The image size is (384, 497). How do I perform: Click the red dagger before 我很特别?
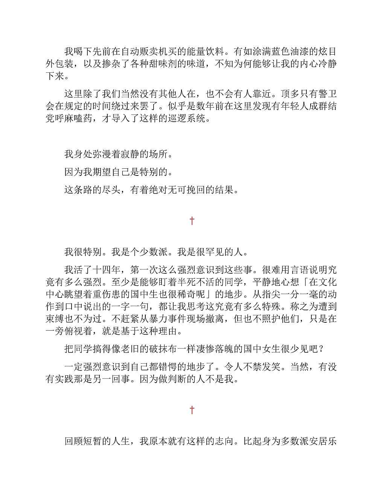[x=192, y=221]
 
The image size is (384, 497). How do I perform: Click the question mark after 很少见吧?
[x=321, y=349]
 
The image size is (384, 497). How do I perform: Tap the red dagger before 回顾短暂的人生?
[x=192, y=410]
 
